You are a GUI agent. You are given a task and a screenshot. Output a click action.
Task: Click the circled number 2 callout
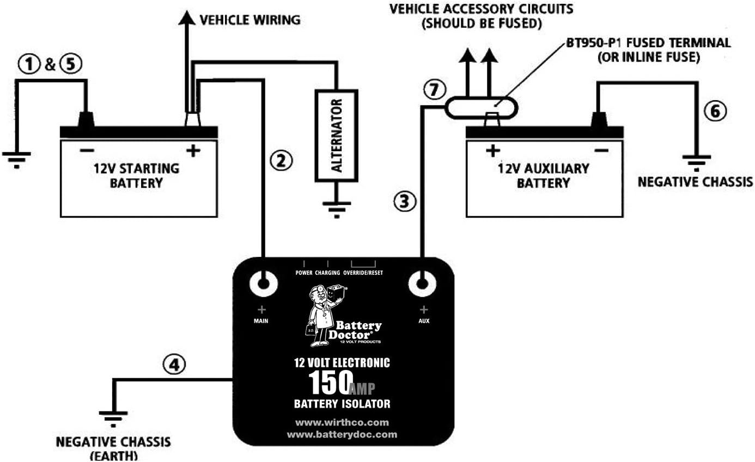281,161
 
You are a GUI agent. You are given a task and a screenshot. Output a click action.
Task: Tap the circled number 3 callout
405,201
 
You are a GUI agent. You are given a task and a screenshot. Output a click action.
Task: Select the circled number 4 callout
174,365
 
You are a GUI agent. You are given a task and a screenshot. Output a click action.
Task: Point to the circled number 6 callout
715,111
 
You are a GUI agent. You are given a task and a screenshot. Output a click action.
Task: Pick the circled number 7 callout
435,89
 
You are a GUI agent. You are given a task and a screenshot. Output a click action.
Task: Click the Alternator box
337,135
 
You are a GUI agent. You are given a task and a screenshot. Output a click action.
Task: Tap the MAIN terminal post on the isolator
264,284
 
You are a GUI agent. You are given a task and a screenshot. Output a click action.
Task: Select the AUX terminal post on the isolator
422,284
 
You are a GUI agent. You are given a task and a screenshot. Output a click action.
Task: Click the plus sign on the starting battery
193,151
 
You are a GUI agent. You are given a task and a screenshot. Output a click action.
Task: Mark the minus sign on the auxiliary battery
601,150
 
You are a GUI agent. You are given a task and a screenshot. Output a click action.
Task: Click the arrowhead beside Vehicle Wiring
187,17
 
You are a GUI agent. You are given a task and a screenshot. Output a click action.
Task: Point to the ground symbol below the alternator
337,210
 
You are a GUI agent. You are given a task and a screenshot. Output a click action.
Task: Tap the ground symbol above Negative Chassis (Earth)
113,419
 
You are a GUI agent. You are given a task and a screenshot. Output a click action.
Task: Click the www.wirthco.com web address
342,422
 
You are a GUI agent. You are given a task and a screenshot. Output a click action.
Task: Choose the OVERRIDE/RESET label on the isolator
363,273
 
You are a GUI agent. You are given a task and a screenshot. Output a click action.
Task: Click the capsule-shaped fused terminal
482,108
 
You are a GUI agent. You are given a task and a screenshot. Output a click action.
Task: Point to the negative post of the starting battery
86,120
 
